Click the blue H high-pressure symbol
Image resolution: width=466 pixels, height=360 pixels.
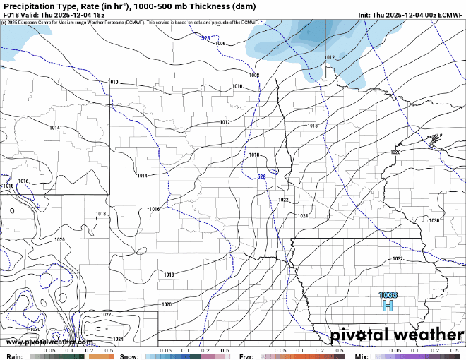pyautogui.click(x=387, y=306)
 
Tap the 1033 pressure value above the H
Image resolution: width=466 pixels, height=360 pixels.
pyautogui.click(x=388, y=295)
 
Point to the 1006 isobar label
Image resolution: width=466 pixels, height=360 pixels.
pyautogui.click(x=221, y=44)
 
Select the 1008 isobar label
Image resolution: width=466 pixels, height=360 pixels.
pyautogui.click(x=254, y=75)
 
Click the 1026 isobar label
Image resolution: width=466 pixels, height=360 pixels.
pyautogui.click(x=395, y=152)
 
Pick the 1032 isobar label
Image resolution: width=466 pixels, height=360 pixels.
pyautogui.click(x=398, y=259)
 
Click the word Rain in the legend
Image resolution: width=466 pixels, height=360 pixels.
pyautogui.click(x=13, y=356)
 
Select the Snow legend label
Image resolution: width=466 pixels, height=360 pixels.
pyautogui.click(x=129, y=356)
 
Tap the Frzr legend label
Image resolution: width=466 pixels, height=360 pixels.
pyautogui.click(x=246, y=356)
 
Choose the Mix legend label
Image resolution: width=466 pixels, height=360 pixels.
pyautogui.click(x=362, y=356)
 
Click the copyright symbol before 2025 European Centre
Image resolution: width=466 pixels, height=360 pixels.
pyautogui.click(x=4, y=23)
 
